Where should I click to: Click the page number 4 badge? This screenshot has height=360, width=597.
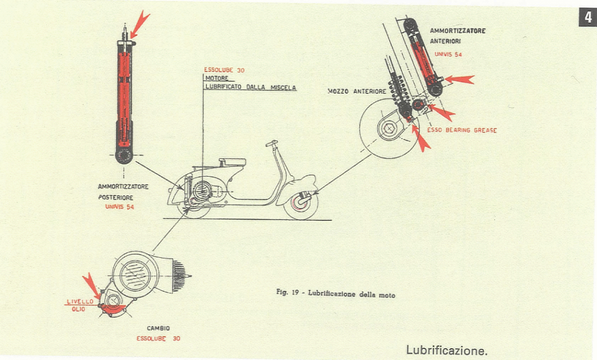pyautogui.click(x=587, y=18)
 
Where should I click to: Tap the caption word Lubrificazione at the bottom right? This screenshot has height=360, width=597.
pyautogui.click(x=446, y=350)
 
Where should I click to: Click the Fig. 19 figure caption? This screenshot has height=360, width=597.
pyautogui.click(x=335, y=293)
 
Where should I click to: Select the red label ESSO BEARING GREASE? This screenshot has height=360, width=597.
pyautogui.click(x=462, y=130)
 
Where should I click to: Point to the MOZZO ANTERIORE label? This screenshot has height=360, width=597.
pyautogui.click(x=356, y=92)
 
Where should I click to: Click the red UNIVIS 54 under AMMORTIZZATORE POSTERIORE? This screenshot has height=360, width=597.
pyautogui.click(x=120, y=207)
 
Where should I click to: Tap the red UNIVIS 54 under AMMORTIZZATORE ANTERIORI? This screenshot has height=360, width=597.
pyautogui.click(x=448, y=54)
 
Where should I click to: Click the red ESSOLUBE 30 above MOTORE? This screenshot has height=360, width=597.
pyautogui.click(x=224, y=70)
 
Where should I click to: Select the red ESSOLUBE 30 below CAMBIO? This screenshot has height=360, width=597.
pyautogui.click(x=158, y=338)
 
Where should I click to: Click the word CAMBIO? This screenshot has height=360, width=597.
pyautogui.click(x=158, y=328)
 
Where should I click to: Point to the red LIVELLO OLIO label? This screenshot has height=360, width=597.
pyautogui.click(x=75, y=305)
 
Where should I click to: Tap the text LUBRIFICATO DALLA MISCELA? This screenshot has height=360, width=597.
pyautogui.click(x=250, y=88)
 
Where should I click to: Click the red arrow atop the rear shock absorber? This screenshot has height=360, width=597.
pyautogui.click(x=140, y=23)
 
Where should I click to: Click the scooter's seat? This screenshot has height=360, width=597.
pyautogui.click(x=232, y=162)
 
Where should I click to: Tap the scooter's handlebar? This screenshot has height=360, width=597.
pyautogui.click(x=271, y=143)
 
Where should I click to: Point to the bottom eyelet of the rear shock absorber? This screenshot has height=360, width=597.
pyautogui.click(x=124, y=155)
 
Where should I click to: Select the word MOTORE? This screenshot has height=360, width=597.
pyautogui.click(x=216, y=78)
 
